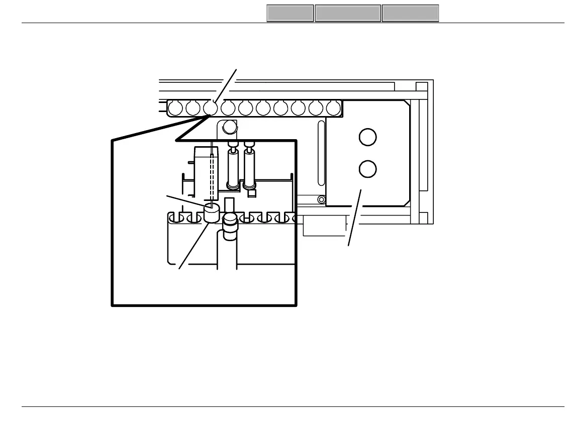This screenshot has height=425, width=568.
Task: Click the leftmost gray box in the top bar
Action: tap(290, 14)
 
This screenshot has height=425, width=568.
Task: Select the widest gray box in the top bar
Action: tap(348, 14)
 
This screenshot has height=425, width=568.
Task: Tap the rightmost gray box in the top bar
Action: tap(410, 14)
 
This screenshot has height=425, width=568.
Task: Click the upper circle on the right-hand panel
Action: tap(367, 137)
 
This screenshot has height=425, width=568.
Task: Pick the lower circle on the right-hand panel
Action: tap(367, 169)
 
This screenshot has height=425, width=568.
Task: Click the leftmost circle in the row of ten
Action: tap(175, 108)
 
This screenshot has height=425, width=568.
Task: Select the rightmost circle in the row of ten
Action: tap(333, 108)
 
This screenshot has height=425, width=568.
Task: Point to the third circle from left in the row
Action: tap(211, 108)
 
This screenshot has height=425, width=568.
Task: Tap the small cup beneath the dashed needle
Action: tap(212, 213)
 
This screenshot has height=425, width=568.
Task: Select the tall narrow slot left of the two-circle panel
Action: tap(321, 153)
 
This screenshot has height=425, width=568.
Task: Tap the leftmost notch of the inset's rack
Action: tap(173, 218)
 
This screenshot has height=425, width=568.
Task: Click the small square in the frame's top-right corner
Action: tap(422, 86)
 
